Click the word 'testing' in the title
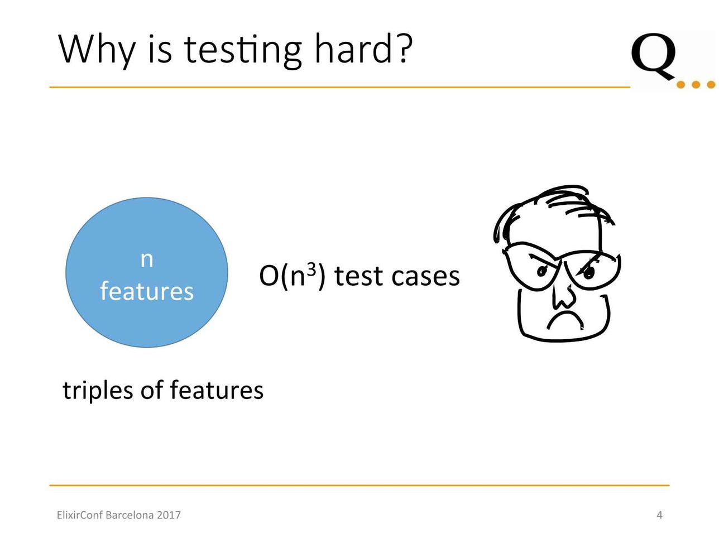[242, 50]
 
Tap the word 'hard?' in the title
[363, 48]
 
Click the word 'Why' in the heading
[97, 51]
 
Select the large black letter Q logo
[654, 57]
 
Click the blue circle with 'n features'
[147, 272]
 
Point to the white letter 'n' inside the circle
[147, 260]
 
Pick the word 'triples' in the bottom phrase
[98, 391]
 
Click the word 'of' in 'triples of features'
[152, 389]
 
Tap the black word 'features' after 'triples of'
[217, 389]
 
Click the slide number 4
[659, 515]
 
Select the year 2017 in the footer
[169, 515]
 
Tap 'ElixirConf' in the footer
[80, 515]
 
